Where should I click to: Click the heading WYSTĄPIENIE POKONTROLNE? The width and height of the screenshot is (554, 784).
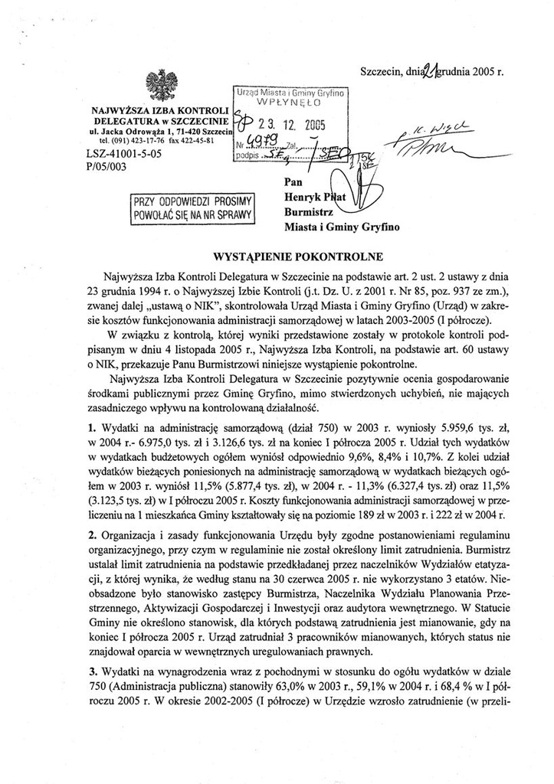(276, 254)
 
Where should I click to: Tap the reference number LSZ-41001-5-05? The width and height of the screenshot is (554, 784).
(124, 154)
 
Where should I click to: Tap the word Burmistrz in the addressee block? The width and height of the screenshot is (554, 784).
(307, 213)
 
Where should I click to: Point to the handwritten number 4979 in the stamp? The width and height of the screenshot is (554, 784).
(262, 142)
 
